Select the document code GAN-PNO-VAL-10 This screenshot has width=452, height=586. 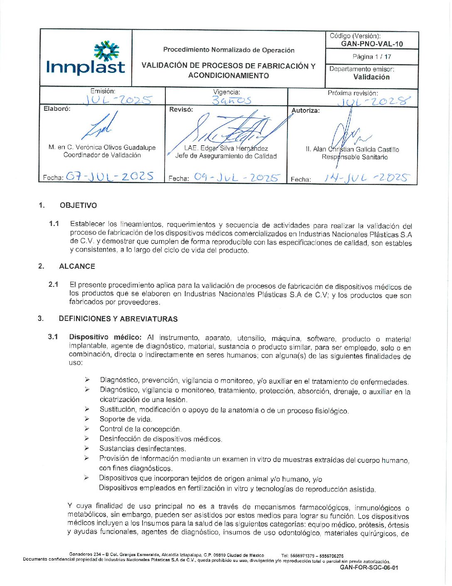(372, 44)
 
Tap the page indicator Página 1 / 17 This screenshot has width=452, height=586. (372, 57)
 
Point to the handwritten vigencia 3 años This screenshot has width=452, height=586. (231, 100)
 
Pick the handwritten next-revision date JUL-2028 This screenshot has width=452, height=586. (374, 101)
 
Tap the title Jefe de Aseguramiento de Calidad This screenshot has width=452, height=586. (226, 156)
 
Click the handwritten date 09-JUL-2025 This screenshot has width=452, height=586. (237, 178)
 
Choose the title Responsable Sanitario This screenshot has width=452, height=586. (354, 157)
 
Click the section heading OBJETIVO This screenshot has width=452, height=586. (78, 205)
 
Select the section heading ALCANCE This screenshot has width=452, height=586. (77, 266)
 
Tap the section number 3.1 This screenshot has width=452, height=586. (53, 337)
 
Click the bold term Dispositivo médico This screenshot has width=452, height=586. (105, 337)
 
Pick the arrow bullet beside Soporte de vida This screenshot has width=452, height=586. (87, 419)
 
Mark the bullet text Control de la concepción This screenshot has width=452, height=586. (140, 429)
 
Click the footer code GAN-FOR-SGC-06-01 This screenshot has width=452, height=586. (368, 567)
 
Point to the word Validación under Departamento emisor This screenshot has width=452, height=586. (371, 77)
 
